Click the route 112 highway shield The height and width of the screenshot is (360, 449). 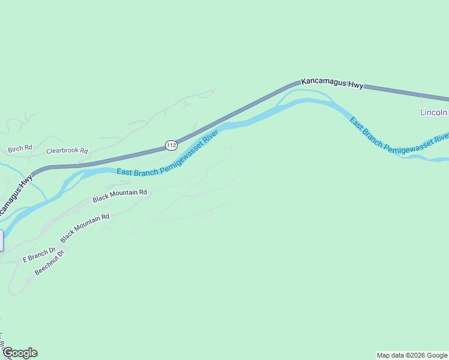tap(171, 145)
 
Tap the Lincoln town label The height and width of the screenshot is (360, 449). tap(433, 112)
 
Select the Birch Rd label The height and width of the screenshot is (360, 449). tap(20, 149)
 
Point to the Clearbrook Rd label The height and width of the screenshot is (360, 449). tap(67, 151)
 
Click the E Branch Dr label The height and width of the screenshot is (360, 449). tap(39, 255)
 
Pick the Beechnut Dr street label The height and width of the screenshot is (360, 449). tap(49, 262)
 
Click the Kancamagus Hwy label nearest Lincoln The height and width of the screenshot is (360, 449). tap(333, 83)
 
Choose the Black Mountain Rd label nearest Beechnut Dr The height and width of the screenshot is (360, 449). tap(85, 227)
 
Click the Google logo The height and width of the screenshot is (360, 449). tap(20, 353)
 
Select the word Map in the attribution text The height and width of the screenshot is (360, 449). tap(384, 355)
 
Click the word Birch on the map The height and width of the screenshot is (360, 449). tap(15, 149)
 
